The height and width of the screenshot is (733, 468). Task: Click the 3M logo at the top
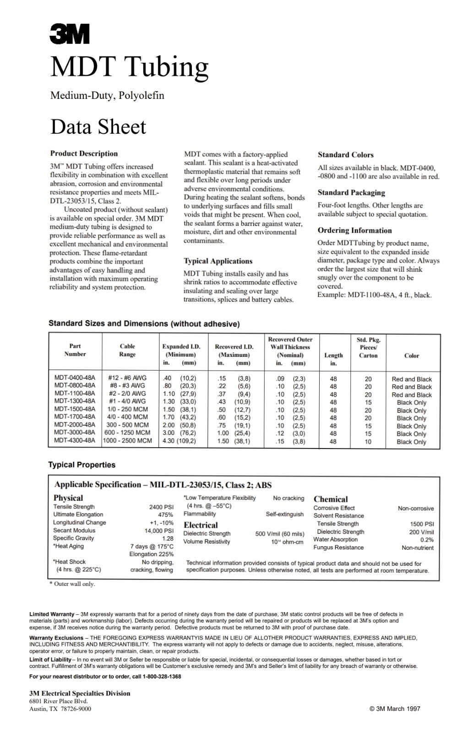coord(70,35)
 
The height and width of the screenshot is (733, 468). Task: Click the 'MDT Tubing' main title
coord(130,66)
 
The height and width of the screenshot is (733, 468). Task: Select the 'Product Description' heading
coord(84,153)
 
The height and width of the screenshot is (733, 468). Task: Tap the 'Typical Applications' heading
coord(218,261)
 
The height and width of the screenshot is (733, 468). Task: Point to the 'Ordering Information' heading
coord(354,230)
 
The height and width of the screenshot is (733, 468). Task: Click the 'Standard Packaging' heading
coord(351,193)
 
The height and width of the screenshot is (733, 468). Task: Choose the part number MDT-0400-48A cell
coord(75,378)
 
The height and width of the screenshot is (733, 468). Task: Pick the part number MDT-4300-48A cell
coord(75,441)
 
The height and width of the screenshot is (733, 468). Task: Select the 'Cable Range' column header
coord(127,350)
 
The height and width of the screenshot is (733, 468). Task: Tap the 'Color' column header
coord(411,356)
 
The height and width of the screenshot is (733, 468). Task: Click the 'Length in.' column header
coord(333,359)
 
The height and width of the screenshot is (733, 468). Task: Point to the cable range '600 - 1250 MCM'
coord(127,433)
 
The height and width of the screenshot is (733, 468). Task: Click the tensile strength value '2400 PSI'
coord(161,507)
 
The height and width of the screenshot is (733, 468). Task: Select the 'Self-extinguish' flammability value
coord(284,514)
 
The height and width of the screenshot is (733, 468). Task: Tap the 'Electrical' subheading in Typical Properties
coord(201,525)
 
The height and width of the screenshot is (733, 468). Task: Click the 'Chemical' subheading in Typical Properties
coord(331,499)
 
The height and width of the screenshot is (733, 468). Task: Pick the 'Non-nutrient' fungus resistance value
coord(417,548)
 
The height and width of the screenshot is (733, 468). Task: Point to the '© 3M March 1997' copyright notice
coord(394,709)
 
